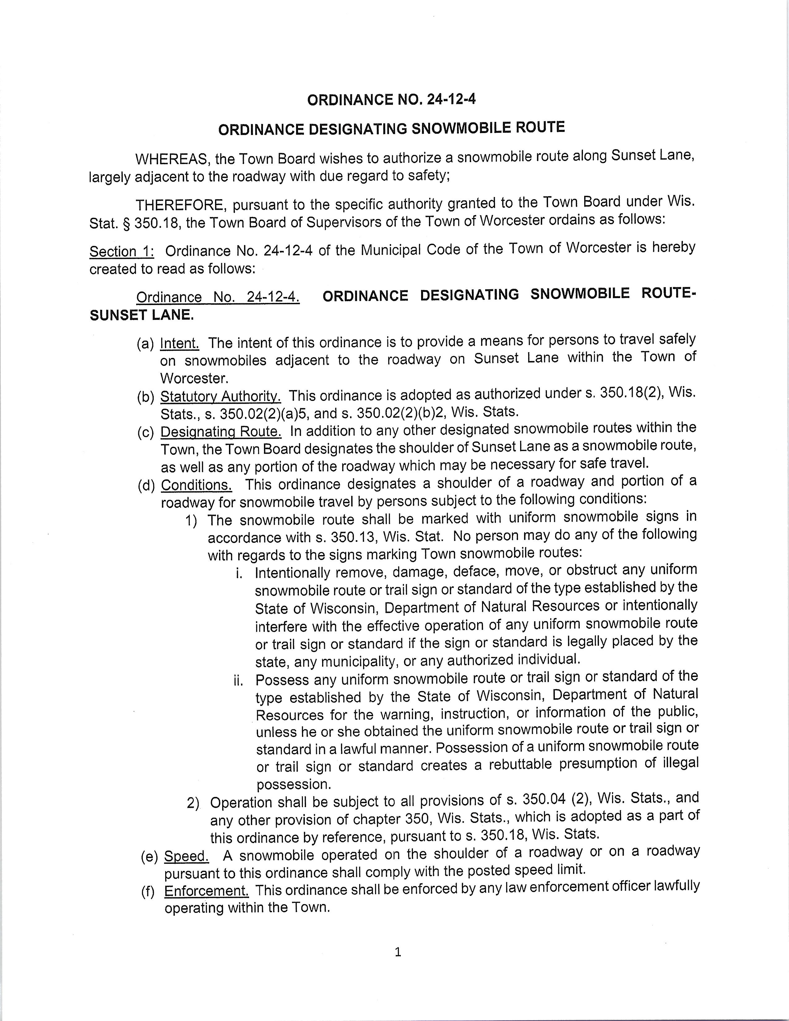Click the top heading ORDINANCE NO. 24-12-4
coord(391,100)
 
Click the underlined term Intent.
coord(179,343)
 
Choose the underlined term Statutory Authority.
coord(221,396)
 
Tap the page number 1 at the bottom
coord(398,952)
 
